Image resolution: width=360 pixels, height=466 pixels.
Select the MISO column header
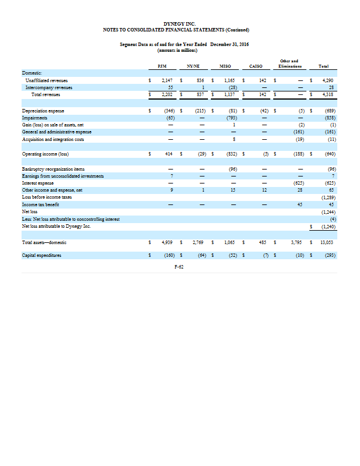click(x=225, y=66)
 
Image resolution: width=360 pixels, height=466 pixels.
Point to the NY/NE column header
click(x=195, y=66)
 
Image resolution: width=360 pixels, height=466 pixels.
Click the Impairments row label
click(x=35, y=116)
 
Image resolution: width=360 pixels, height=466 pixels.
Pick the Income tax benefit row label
click(x=40, y=204)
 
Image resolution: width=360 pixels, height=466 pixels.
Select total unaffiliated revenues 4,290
click(x=331, y=80)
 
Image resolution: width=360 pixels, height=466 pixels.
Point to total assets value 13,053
click(x=330, y=241)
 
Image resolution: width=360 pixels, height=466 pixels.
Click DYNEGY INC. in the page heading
click(x=180, y=23)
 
